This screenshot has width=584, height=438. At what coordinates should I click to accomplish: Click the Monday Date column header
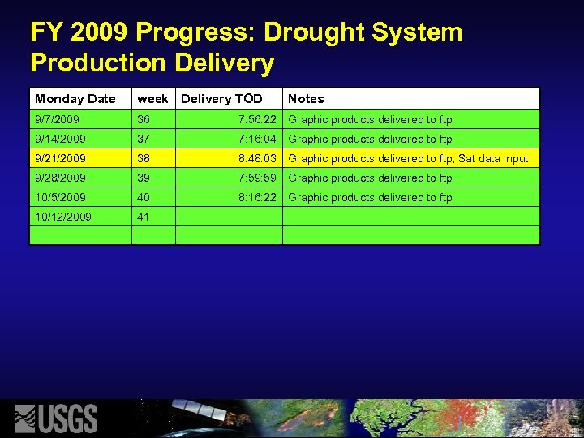pos(75,99)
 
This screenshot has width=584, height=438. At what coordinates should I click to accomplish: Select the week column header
pos(152,99)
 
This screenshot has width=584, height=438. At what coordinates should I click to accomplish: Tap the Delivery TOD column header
pos(221,99)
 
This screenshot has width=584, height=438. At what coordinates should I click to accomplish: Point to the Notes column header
pos(306,99)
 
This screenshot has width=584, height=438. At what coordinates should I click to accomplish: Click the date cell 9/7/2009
pos(57,119)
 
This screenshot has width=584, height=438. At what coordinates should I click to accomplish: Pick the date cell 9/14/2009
pos(60,139)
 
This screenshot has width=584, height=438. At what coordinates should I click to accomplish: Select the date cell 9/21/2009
pos(60,158)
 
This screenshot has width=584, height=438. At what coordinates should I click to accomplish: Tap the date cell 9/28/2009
pos(60,178)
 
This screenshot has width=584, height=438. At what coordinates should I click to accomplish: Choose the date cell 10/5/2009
pos(60,197)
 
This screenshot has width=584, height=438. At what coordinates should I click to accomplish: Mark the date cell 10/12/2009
pos(63,217)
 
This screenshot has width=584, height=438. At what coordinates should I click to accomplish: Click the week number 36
pos(144,119)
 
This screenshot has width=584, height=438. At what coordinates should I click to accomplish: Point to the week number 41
pos(144,217)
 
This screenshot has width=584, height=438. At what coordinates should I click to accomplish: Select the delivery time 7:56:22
pos(257,119)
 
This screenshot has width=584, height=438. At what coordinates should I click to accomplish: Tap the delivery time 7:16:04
pos(257,139)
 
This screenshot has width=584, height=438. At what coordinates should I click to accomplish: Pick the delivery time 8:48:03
pos(257,158)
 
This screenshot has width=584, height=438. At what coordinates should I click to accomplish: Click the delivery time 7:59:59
pos(257,178)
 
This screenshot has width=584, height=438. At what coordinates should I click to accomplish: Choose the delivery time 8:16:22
pos(257,197)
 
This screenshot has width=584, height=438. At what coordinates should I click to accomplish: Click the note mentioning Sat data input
pos(408,158)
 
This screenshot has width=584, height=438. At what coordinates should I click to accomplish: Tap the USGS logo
pos(57,419)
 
